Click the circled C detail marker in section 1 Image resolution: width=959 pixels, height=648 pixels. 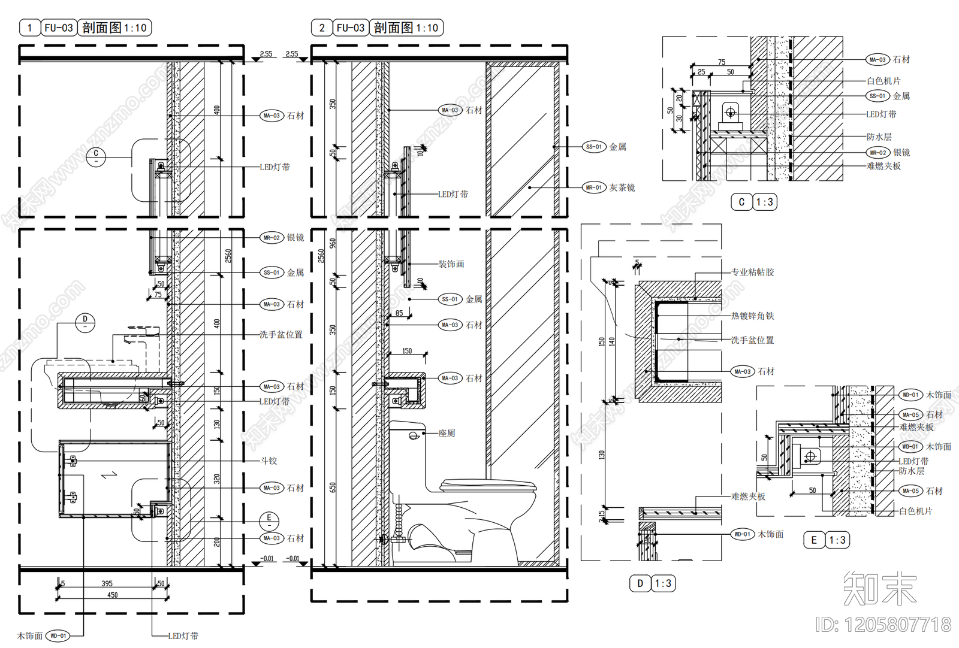tap(96, 157)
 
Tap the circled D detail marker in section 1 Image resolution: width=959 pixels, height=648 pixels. tap(85, 322)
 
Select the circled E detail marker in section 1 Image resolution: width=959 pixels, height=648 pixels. tap(269, 520)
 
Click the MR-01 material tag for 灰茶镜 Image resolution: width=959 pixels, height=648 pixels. tap(594, 187)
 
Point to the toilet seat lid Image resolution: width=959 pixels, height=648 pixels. tap(488, 484)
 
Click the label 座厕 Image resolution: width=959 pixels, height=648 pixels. tap(447, 433)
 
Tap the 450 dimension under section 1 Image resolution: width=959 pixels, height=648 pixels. tap(112, 595)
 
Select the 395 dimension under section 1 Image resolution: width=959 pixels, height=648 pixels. tap(107, 583)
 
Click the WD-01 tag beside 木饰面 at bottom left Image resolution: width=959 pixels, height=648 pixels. tap(58, 635)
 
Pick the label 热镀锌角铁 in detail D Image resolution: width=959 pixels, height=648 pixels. tap(752, 316)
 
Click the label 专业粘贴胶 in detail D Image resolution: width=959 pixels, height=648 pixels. tap(752, 272)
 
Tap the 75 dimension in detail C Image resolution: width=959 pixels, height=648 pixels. tap(722, 62)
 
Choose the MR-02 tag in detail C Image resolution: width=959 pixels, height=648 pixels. tap(878, 153)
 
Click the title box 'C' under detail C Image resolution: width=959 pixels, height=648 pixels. tap(741, 202)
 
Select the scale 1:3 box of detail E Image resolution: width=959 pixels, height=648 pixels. tap(837, 540)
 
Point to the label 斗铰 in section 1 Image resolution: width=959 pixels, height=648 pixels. tap(269, 461)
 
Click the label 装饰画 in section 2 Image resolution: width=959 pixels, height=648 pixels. tap(451, 264)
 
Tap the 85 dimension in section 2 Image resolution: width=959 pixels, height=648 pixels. tap(399, 313)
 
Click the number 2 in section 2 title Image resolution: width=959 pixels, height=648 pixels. tap(322, 28)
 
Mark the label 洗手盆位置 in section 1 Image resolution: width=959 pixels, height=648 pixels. tap(281, 334)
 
